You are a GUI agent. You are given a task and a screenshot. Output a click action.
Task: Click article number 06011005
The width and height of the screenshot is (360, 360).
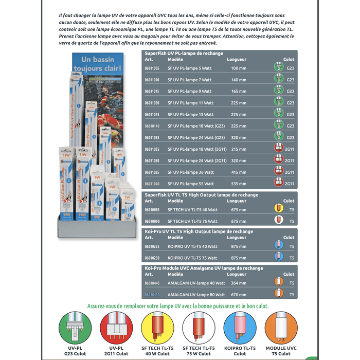coord(152,68)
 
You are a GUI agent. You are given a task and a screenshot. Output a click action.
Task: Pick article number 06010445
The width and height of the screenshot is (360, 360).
coord(152,283)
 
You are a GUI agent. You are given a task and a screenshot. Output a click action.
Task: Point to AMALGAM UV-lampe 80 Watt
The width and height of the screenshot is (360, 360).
coord(203,295)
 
